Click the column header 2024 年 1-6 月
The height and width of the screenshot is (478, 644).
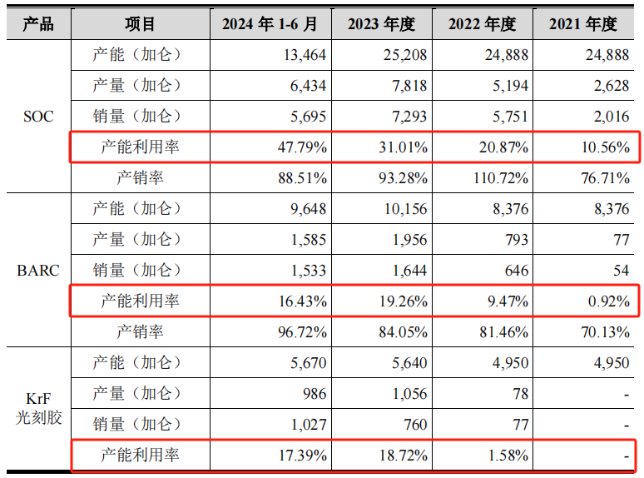[x=270, y=24]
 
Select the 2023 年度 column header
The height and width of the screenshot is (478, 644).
[x=380, y=24]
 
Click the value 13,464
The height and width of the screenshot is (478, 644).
[x=304, y=56]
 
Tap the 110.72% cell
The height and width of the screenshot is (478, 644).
[x=496, y=178]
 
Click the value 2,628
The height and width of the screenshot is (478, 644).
[x=612, y=86]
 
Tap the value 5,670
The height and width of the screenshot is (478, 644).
[x=308, y=362]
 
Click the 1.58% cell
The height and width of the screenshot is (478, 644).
[x=504, y=456]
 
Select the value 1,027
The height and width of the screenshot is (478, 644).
[x=308, y=424]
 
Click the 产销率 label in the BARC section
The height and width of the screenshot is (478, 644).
[x=140, y=332]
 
